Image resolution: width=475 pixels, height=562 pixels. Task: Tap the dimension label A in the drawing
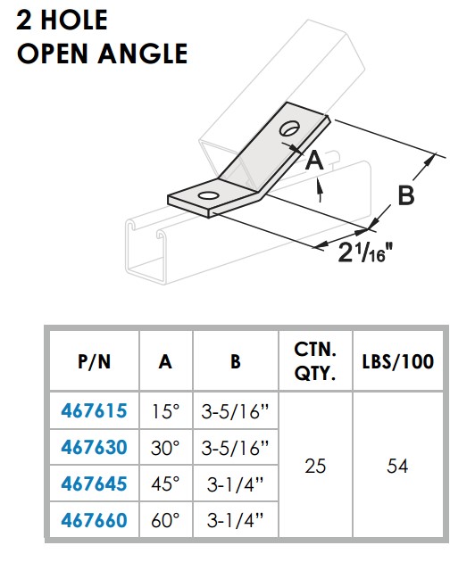312,161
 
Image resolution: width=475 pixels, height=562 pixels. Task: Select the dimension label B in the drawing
405,196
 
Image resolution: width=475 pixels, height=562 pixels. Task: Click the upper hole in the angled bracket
290,130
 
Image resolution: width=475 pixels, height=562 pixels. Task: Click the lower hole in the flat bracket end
207,195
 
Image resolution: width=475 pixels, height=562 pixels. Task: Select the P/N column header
94,362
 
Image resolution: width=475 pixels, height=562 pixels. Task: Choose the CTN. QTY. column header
315,362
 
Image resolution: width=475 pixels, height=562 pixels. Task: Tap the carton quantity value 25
315,465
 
